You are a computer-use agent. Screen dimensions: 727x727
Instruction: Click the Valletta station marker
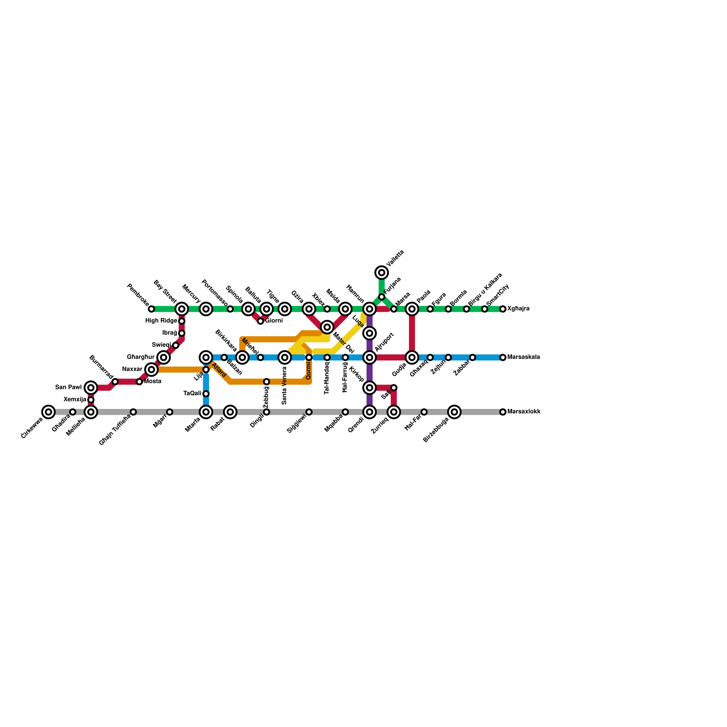coord(382,273)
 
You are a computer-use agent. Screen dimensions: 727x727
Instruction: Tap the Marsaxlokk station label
coord(524,412)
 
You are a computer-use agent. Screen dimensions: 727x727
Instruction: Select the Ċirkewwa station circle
coord(48,412)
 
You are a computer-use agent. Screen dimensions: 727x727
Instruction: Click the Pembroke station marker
coord(151,309)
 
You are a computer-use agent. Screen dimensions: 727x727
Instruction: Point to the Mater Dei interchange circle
coord(327,327)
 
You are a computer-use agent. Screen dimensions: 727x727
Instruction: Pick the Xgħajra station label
coord(518,309)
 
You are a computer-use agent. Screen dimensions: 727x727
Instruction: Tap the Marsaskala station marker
coord(503,358)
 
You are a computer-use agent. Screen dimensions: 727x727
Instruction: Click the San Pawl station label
coord(69,388)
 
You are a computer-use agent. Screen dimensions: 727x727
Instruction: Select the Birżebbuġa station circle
coord(454,412)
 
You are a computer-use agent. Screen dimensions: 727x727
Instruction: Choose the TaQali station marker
coord(206,393)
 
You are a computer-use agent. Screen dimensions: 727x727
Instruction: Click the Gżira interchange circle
coord(309,309)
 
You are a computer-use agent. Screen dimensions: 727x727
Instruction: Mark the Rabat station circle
coord(230,412)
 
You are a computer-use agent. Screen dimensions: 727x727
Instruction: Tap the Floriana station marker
coord(382,297)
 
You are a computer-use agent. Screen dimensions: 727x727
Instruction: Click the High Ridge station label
coord(161,321)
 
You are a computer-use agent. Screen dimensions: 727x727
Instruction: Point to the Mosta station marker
coord(139,382)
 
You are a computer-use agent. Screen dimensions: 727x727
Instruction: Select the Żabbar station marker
coord(473,358)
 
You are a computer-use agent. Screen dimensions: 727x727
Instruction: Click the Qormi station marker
coord(309,358)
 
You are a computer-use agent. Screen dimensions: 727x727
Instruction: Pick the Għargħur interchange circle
coord(164,358)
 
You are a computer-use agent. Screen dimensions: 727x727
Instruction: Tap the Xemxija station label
coord(75,400)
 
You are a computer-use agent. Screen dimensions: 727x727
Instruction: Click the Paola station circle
coord(412,309)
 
